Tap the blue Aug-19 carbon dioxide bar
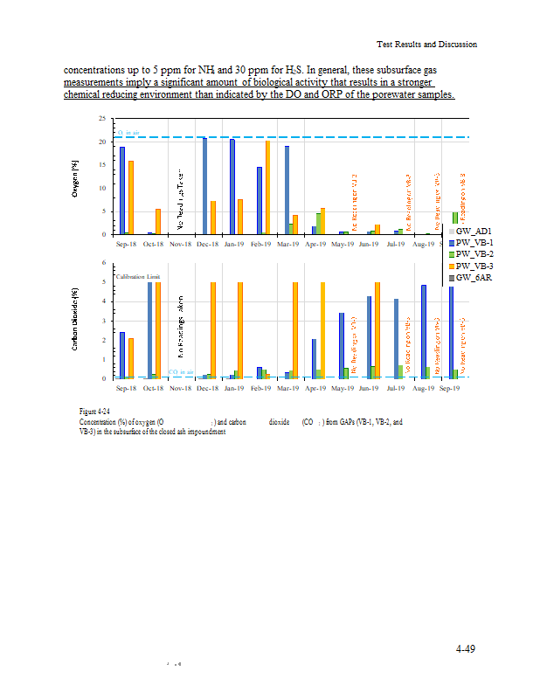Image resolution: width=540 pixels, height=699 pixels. (x=424, y=331)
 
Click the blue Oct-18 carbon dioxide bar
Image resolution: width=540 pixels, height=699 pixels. (x=149, y=330)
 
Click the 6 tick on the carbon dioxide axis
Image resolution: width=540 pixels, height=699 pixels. (x=104, y=263)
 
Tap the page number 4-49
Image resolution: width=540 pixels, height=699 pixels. (x=465, y=648)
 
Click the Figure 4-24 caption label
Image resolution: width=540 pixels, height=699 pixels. (x=93, y=411)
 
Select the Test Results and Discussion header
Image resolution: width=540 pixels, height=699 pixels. (x=426, y=44)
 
